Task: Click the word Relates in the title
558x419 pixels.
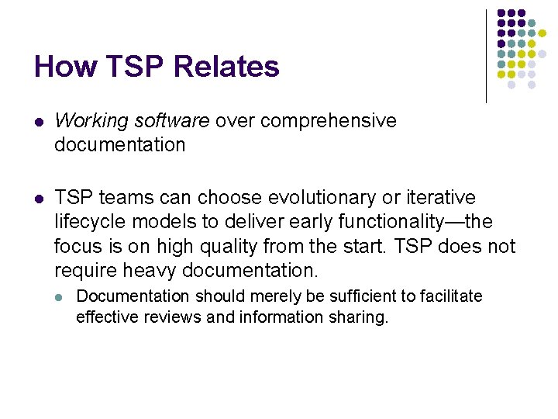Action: click(226, 67)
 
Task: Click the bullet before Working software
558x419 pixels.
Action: click(39, 122)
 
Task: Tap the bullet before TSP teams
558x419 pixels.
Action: click(39, 199)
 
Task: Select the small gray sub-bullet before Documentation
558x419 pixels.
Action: click(60, 297)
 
